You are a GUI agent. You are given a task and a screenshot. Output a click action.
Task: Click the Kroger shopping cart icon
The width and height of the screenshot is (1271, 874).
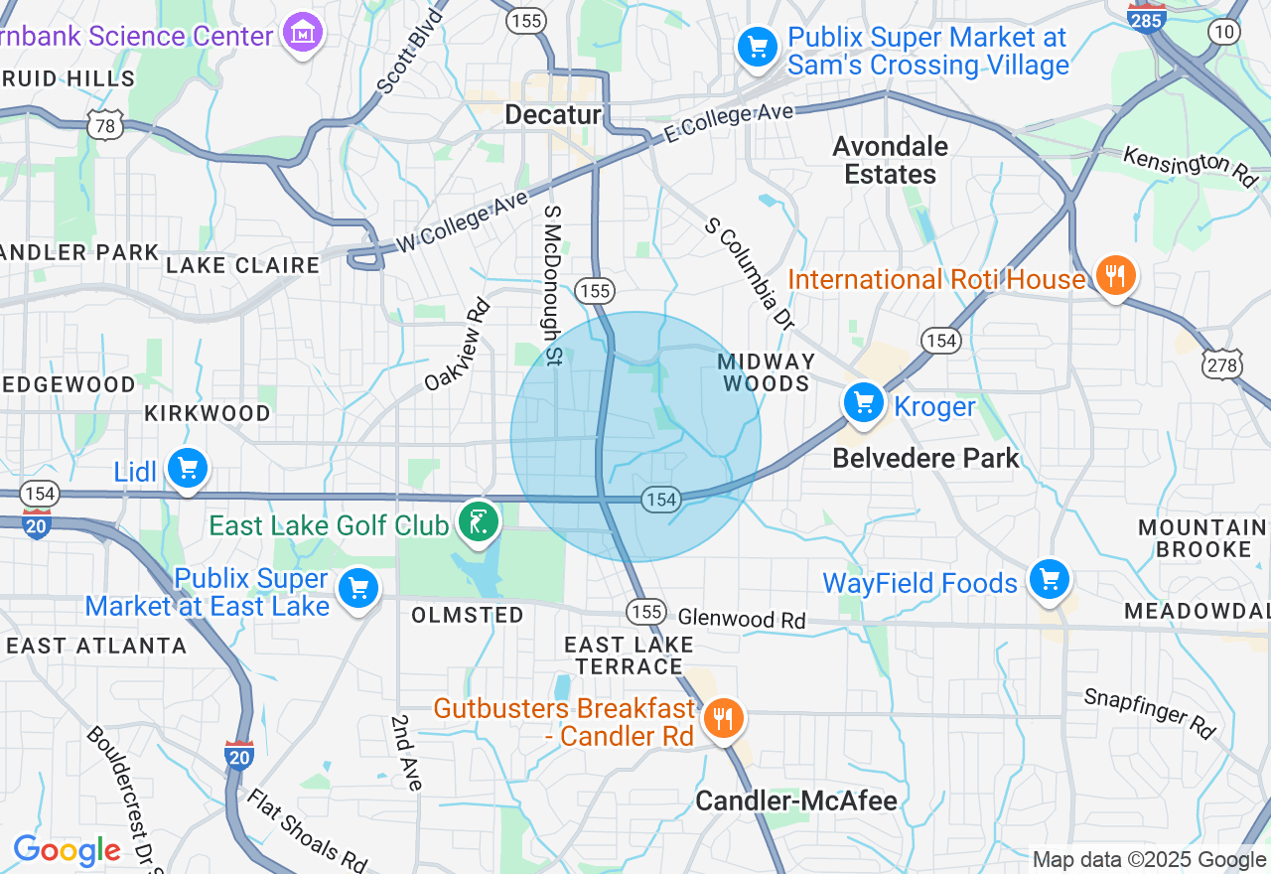pyautogui.click(x=863, y=404)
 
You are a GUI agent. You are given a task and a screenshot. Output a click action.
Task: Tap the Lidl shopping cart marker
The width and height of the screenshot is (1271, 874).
pyautogui.click(x=186, y=469)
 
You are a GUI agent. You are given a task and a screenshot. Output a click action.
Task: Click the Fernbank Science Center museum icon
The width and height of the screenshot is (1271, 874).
pyautogui.click(x=303, y=34)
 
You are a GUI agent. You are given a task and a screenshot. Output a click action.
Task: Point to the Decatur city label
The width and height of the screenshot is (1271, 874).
pyautogui.click(x=553, y=115)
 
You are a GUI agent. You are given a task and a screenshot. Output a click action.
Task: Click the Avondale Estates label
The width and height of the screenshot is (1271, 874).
pyautogui.click(x=890, y=160)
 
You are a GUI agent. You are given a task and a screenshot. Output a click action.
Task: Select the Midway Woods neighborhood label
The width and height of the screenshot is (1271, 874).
pyautogui.click(x=766, y=372)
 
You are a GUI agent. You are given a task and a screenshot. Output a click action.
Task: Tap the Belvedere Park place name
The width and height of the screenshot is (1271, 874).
pyautogui.click(x=925, y=458)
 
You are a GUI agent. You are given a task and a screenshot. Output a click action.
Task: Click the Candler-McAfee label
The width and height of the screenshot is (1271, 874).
pyautogui.click(x=796, y=801)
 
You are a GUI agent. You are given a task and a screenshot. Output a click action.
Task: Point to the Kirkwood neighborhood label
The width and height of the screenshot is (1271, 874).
pyautogui.click(x=207, y=413)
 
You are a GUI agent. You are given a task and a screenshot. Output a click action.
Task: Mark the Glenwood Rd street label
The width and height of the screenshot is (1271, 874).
pyautogui.click(x=742, y=619)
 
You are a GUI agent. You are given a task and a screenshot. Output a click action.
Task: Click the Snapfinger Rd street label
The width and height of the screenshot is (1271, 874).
pyautogui.click(x=1150, y=712)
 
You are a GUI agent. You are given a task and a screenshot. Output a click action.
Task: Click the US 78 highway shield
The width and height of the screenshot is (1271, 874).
pyautogui.click(x=103, y=125)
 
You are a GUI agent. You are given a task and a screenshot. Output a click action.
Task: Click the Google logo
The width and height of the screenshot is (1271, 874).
pyautogui.click(x=67, y=851)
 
